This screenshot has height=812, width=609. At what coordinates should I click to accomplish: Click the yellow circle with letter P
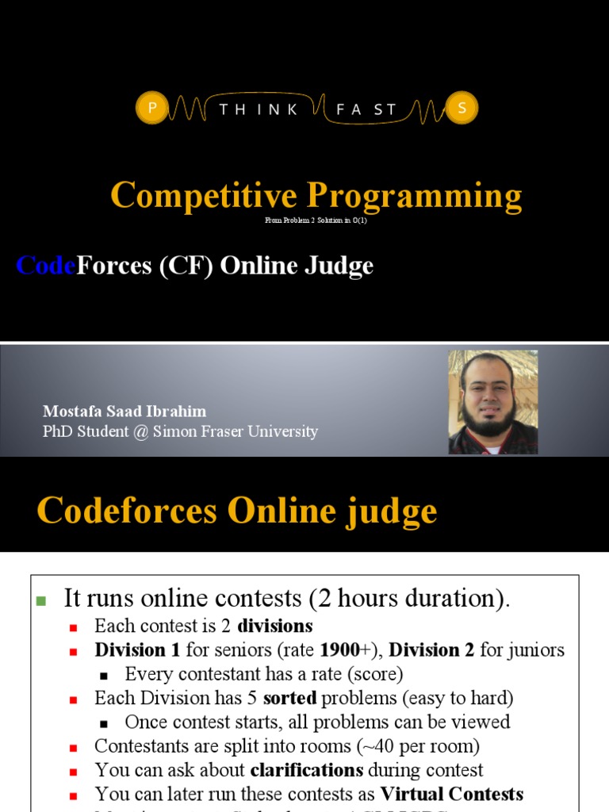pos(151,109)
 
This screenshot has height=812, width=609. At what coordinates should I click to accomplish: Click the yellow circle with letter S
pos(462,109)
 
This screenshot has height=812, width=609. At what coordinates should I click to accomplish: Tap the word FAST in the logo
pos(366,109)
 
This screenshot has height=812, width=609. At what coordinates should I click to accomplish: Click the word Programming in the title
pos(415,195)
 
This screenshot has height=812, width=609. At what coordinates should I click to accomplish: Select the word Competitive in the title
pos(204,195)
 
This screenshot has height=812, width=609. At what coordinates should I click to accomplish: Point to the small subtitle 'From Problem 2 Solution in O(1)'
pos(316,220)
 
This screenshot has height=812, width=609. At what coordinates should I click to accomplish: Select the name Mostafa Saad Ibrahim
pos(124,411)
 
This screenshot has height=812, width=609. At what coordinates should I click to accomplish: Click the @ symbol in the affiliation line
pos(140,432)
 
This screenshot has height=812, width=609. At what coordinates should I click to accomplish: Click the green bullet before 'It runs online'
pos(42,600)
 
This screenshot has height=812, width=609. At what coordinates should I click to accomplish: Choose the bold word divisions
pos(275,626)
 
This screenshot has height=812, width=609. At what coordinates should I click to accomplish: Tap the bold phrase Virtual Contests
pos(452,794)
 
